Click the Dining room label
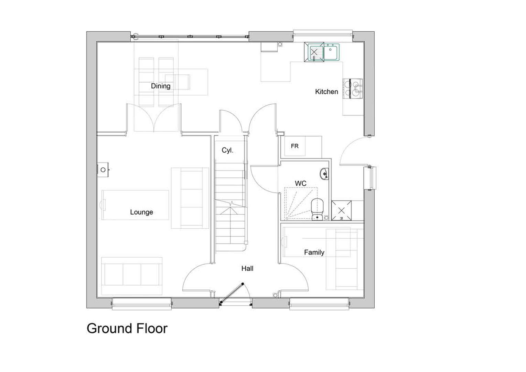tap(161, 86)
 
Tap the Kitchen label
tap(326, 92)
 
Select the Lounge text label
tap(142, 212)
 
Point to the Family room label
tap(314, 252)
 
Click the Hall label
tap(247, 268)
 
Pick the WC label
tap(301, 183)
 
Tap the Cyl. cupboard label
tap(227, 150)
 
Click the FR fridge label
tap(294, 146)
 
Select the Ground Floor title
tap(127, 329)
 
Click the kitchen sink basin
tap(331, 52)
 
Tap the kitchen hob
tap(353, 89)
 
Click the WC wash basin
tap(324, 174)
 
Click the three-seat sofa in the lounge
tap(132, 276)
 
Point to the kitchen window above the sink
tap(323, 34)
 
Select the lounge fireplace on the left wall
tap(103, 169)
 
